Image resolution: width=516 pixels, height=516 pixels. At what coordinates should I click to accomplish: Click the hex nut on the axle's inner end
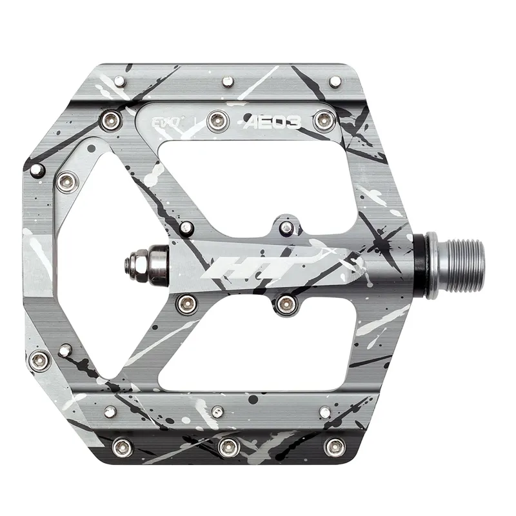pos(136,263)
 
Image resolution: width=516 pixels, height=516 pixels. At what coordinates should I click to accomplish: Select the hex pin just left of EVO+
pos(132,119)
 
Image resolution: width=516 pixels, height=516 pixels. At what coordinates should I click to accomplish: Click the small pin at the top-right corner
pos(335,81)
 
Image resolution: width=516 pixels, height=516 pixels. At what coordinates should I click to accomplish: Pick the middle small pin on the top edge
pos(227,81)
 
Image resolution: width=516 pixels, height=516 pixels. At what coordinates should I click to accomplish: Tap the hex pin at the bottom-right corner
pos(335,446)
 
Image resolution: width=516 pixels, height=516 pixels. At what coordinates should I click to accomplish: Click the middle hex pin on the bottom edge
pos(227,446)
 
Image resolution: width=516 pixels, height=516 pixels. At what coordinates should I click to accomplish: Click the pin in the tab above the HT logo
pos(286,226)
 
